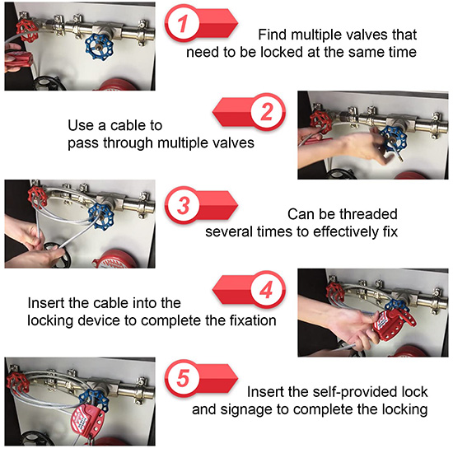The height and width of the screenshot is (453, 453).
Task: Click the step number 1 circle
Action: pyautogui.click(x=182, y=23)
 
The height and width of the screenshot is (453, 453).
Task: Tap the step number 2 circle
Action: pyautogui.click(x=267, y=112)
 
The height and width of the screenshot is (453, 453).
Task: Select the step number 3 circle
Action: pyautogui.click(x=182, y=205)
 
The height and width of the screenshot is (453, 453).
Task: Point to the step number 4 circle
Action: pyautogui.click(x=267, y=290)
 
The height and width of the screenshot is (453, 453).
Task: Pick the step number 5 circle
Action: pyautogui.click(x=182, y=378)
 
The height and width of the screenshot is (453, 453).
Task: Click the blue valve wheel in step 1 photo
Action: pyautogui.click(x=99, y=46)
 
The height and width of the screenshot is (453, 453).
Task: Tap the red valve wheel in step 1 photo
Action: pyautogui.click(x=27, y=30)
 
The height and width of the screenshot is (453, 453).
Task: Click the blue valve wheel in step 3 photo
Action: pyautogui.click(x=101, y=216)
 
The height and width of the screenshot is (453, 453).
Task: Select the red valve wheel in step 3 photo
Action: pyautogui.click(x=37, y=196)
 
